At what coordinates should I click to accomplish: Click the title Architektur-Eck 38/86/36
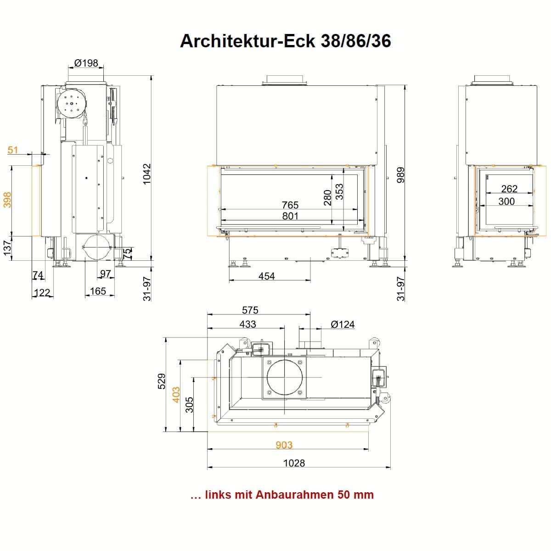(285, 41)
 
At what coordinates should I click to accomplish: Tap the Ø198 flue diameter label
(86, 63)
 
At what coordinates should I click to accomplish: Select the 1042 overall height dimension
(146, 174)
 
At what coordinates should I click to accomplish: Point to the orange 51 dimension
(12, 150)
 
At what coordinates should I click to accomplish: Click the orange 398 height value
(7, 200)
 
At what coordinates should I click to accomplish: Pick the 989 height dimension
(401, 175)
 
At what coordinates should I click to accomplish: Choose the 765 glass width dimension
(290, 205)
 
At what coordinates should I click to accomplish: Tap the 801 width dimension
(290, 216)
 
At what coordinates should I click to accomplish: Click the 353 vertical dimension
(339, 191)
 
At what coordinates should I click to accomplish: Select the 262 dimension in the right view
(509, 189)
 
